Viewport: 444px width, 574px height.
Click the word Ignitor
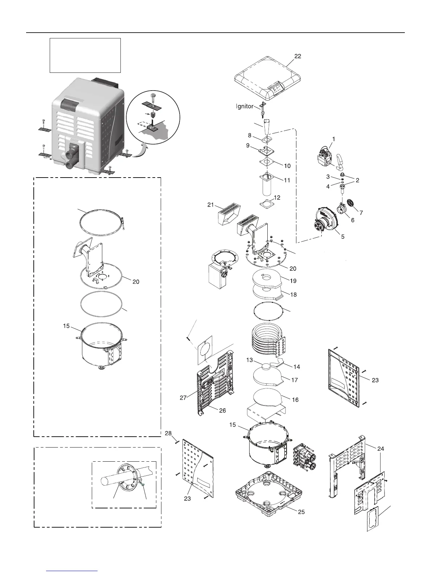245,107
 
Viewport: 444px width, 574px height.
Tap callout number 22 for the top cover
297,56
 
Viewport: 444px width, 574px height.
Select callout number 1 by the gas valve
334,139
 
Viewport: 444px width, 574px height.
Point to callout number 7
361,213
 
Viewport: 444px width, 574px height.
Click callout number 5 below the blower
342,237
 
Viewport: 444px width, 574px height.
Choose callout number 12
277,198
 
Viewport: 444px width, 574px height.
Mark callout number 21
210,205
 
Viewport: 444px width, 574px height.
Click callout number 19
293,280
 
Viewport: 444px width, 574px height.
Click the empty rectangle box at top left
85,55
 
